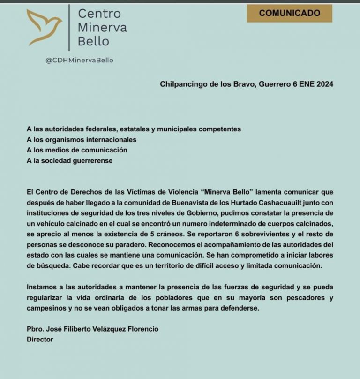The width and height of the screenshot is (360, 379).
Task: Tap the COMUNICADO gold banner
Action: (289, 13)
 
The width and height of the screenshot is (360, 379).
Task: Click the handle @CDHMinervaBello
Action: (79, 60)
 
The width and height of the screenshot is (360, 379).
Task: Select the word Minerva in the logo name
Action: (102, 27)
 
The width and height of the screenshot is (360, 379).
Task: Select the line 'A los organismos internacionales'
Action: (82, 139)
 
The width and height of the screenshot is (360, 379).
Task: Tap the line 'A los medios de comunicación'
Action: (77, 150)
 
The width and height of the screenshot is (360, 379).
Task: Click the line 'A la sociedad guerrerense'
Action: (70, 161)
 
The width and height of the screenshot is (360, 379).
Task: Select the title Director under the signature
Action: (40, 339)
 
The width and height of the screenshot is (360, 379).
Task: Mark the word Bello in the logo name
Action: (93, 41)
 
